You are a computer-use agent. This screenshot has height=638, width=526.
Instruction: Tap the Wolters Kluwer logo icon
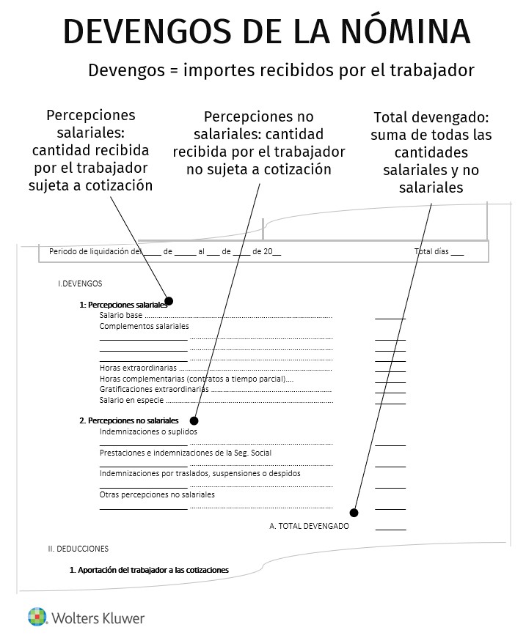tap(37, 617)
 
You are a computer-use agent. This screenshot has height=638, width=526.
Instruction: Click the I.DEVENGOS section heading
tap(80, 283)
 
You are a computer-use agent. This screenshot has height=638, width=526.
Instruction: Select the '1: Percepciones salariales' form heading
tap(123, 305)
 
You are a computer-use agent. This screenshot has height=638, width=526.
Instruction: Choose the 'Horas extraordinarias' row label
tap(138, 367)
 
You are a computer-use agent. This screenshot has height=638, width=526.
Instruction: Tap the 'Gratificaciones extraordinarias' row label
tap(153, 389)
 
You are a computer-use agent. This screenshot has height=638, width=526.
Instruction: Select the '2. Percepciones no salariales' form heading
tap(128, 421)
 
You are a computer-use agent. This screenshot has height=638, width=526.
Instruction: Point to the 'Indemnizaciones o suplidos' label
tap(148, 431)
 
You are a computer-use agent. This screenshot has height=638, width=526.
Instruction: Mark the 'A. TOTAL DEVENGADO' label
tap(309, 526)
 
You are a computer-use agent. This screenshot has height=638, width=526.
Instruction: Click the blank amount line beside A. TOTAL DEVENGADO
tap(390, 528)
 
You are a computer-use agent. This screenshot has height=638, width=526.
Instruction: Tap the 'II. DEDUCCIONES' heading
tap(78, 548)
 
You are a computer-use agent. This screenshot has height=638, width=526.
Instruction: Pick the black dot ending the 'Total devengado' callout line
tap(354, 512)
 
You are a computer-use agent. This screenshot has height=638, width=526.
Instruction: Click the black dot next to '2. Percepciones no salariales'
tap(194, 420)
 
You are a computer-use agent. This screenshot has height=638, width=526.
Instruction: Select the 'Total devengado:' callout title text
tap(431, 117)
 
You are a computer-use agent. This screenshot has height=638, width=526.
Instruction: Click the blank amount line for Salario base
tap(390, 318)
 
